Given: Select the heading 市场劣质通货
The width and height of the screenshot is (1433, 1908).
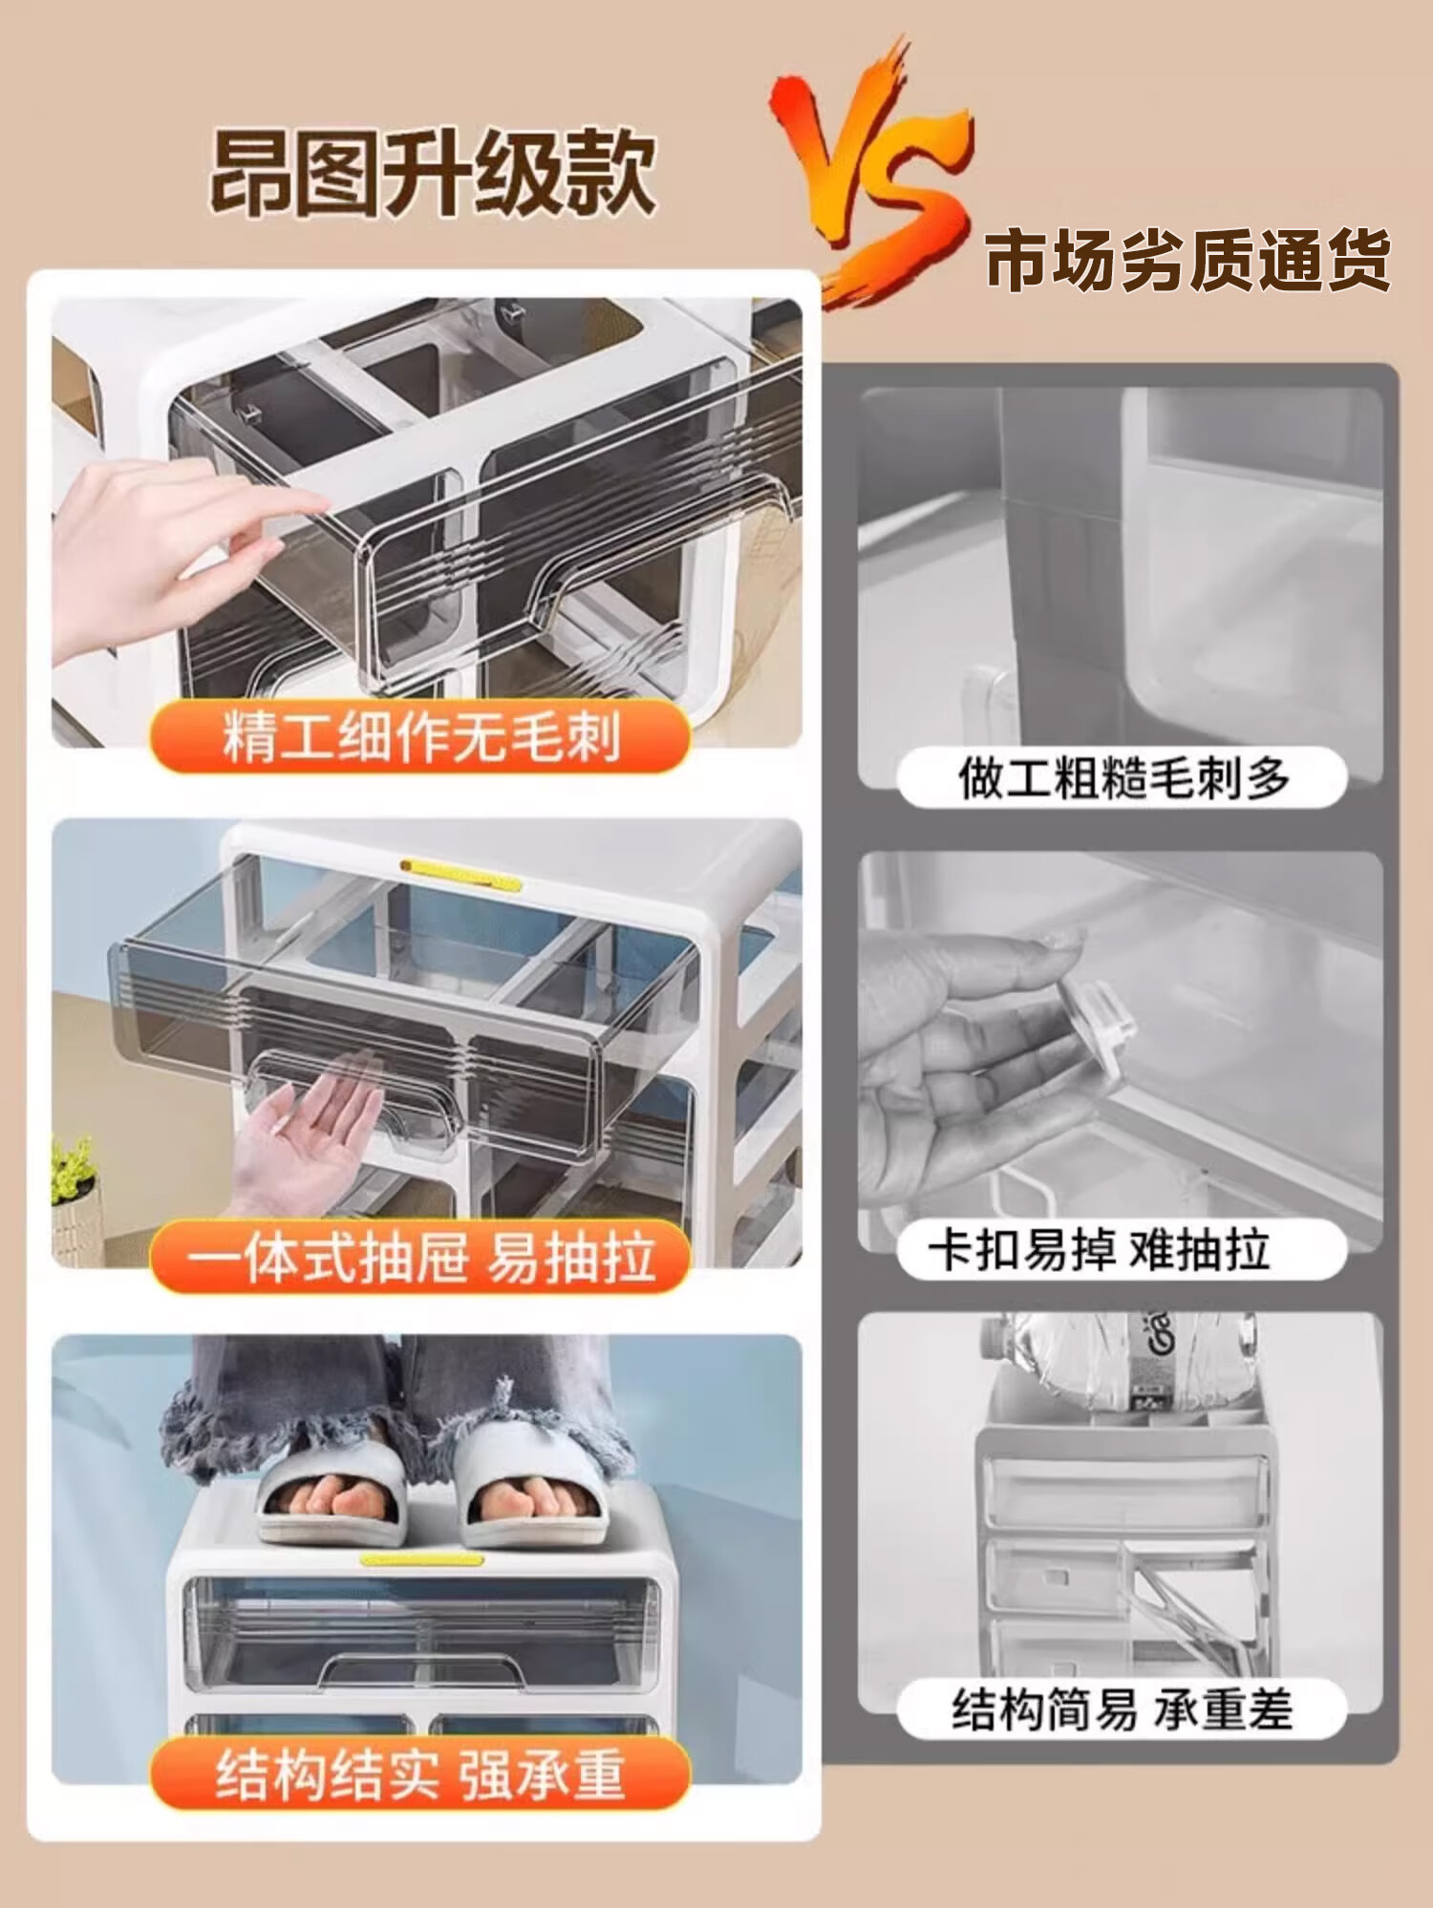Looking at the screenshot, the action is click(1187, 259).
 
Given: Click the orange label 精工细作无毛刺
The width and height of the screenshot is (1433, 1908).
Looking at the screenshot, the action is click(420, 736).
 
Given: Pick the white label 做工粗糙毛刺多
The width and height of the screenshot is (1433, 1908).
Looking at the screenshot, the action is click(1123, 777).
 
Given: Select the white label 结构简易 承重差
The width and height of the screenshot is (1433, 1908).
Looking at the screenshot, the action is click(1123, 1709).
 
